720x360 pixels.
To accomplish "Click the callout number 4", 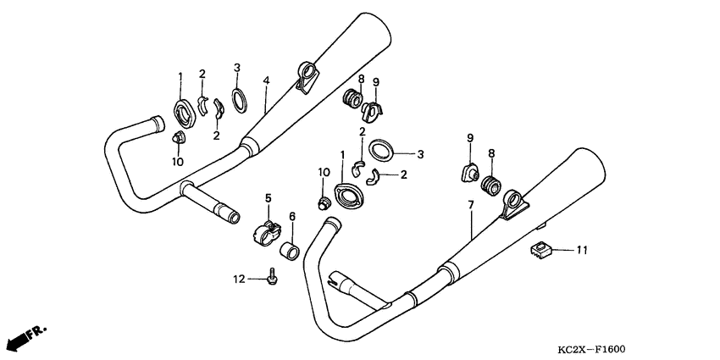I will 266,80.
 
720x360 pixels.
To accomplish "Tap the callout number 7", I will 471,206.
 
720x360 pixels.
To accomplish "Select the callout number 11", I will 581,250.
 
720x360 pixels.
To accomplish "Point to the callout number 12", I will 240,278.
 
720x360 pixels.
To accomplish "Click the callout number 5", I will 268,198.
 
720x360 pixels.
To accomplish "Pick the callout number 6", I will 292,217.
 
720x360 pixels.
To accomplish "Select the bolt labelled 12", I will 272,276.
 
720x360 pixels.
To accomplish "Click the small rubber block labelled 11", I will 541,249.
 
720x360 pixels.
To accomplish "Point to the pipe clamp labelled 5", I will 265,230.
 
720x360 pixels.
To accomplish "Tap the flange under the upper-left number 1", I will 182,111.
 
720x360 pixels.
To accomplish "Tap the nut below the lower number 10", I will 322,202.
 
